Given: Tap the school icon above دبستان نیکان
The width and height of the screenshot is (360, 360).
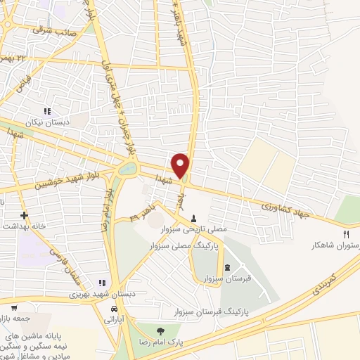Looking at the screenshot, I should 47,110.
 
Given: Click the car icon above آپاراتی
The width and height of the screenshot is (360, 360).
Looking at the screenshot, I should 114,309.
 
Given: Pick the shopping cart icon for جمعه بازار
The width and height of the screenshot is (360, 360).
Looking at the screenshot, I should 13,307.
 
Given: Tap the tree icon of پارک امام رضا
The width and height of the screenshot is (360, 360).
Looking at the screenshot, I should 161,331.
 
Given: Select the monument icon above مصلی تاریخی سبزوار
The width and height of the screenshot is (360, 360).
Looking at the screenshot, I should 194,219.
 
